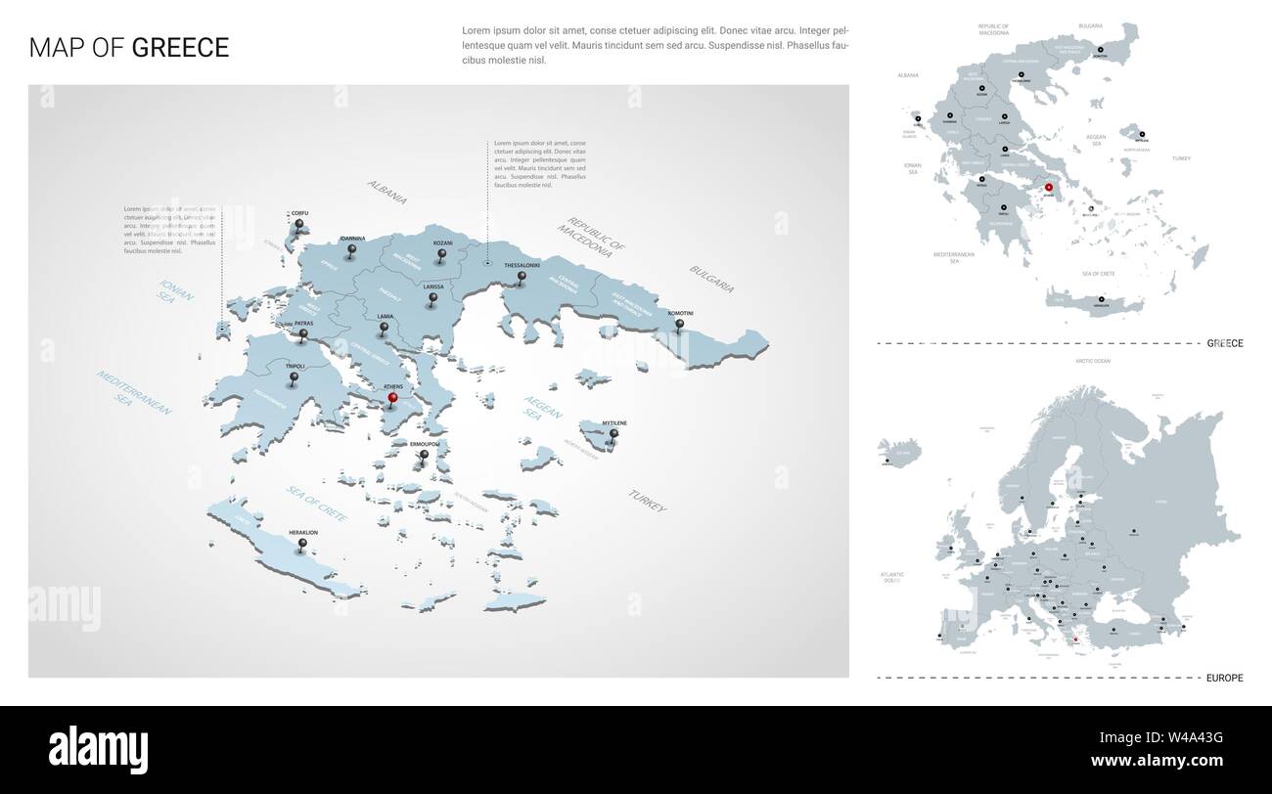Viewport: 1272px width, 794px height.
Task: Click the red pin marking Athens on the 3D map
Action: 392,398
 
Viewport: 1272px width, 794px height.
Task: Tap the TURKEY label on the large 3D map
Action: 648,502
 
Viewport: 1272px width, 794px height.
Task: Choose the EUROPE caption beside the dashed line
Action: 1224,677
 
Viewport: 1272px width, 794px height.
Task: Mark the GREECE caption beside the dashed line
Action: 1224,343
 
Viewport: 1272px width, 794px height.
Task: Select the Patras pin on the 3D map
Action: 303,334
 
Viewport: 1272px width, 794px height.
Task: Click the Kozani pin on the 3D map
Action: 443,255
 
